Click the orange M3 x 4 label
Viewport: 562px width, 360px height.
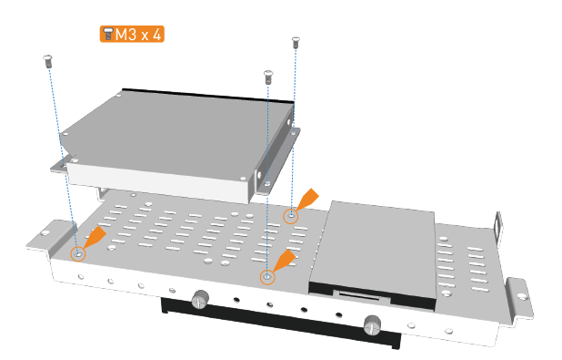point(132,34)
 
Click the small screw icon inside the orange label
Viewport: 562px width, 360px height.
point(107,34)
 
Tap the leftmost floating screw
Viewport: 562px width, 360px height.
point(47,61)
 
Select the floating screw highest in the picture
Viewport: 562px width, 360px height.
point(296,43)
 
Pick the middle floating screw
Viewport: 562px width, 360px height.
point(268,77)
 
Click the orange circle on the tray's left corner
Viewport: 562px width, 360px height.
point(78,254)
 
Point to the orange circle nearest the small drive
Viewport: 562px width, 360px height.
point(291,216)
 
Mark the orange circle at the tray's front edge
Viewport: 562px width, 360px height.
point(267,277)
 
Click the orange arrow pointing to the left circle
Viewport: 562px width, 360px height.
point(95,237)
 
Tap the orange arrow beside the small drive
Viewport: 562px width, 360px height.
point(307,200)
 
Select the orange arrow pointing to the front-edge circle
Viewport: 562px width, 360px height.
point(284,261)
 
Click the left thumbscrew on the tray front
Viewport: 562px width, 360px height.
point(201,299)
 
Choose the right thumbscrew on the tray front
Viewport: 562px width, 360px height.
point(373,324)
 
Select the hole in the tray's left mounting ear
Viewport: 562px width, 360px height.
point(45,232)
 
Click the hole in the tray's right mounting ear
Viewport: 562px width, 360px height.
point(522,295)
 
